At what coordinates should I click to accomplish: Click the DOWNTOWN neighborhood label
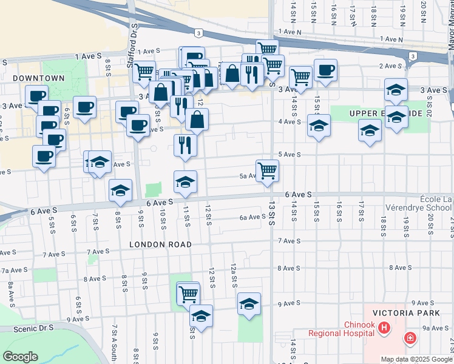[x=38, y=78]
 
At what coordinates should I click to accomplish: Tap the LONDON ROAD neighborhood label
[x=160, y=244]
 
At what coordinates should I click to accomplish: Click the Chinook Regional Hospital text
[x=341, y=329]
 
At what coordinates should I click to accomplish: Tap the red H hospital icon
[x=383, y=328]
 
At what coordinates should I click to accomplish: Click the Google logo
[x=20, y=357]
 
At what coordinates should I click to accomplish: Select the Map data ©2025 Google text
[x=416, y=359]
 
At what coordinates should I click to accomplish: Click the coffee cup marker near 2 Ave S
[x=325, y=70]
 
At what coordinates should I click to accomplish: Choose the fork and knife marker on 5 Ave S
[x=185, y=145]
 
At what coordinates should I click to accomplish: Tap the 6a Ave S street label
[x=251, y=217]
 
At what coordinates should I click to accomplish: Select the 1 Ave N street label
[x=290, y=31]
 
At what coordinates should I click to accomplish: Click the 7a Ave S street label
[x=14, y=270]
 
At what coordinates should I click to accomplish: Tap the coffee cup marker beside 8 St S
[x=84, y=107]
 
